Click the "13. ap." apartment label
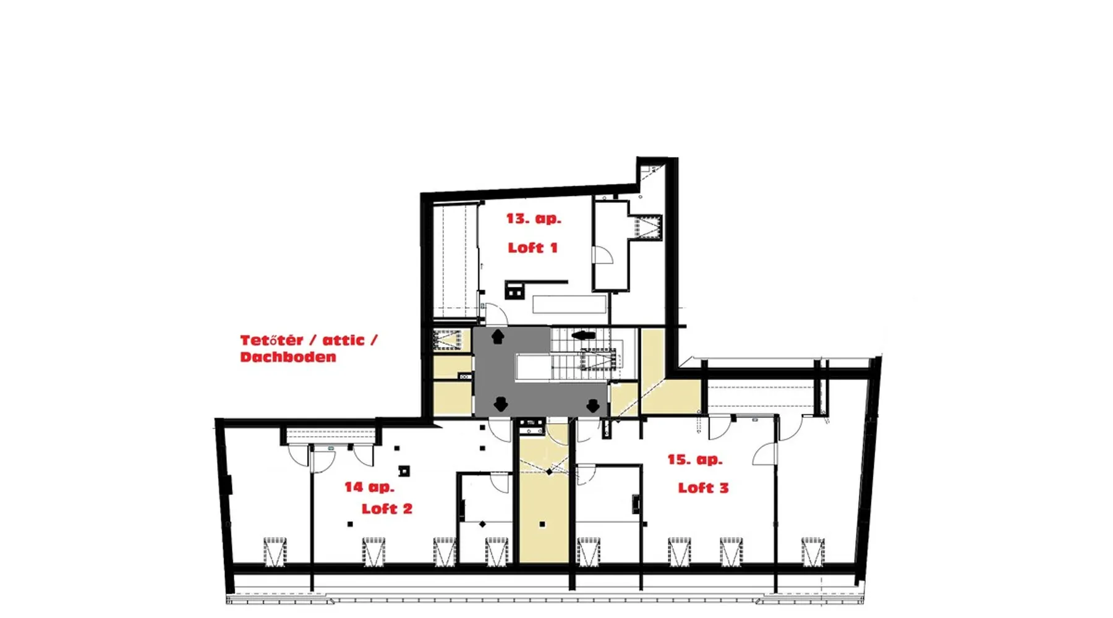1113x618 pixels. click(x=534, y=219)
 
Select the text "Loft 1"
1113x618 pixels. click(x=532, y=248)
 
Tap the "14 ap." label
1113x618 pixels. click(x=369, y=487)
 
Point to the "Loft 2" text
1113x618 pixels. click(x=387, y=509)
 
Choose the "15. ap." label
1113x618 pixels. click(x=695, y=460)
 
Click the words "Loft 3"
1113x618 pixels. click(x=704, y=488)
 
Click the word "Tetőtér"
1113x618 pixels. click(x=272, y=340)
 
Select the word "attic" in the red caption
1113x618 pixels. click(x=344, y=340)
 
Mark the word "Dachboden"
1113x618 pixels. click(x=288, y=357)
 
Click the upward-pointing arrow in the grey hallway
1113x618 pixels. click(x=498, y=337)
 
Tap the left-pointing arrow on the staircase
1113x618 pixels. click(x=583, y=336)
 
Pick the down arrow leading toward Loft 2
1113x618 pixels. click(x=501, y=404)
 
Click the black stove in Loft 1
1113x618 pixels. click(x=514, y=290)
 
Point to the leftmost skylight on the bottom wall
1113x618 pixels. click(x=275, y=552)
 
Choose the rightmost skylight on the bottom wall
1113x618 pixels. click(x=813, y=552)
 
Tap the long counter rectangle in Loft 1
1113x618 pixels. click(x=569, y=304)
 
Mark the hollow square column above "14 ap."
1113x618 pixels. click(x=404, y=472)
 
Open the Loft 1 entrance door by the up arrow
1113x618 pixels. click(x=495, y=314)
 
